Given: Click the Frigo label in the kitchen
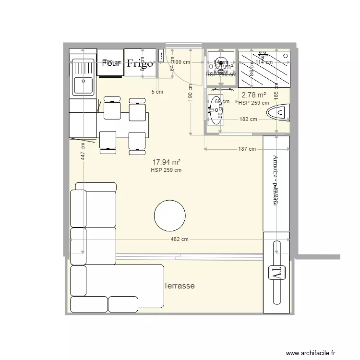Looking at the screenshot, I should click(x=140, y=63).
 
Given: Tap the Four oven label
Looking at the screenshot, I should click(x=111, y=63).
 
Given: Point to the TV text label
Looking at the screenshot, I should click(x=276, y=273).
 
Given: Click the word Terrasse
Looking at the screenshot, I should click(x=179, y=286).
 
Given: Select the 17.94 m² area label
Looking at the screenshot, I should click(x=166, y=162).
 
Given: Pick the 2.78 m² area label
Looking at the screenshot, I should click(x=253, y=95).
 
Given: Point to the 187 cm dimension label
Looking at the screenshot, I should click(x=247, y=149).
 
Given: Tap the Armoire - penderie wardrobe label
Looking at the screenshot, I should click(x=276, y=180).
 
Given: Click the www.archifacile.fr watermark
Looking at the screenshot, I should click(x=312, y=353).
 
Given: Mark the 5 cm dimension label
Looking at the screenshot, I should click(x=157, y=92).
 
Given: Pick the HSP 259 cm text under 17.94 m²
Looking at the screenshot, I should click(x=166, y=170).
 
